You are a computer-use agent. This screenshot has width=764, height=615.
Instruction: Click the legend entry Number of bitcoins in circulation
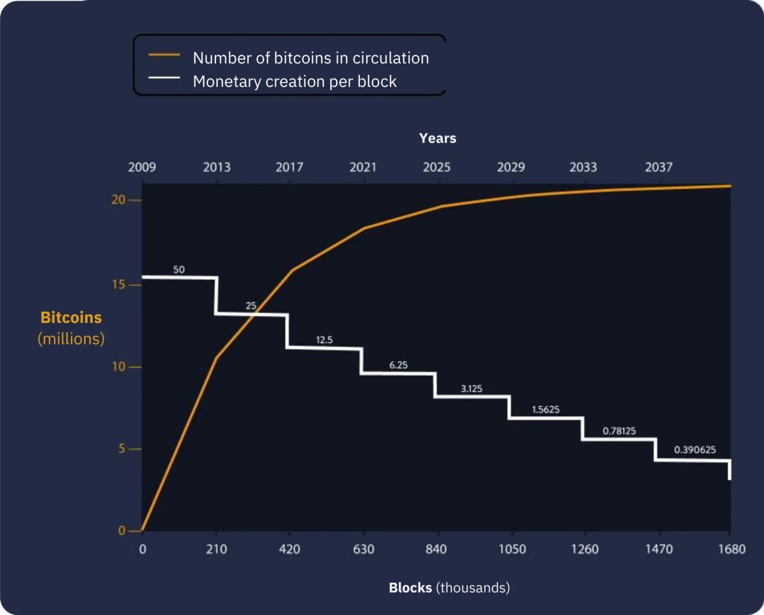tap(310, 58)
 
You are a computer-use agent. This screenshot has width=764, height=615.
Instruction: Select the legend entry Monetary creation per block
tap(294, 81)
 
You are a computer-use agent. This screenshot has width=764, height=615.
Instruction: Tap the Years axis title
tap(438, 138)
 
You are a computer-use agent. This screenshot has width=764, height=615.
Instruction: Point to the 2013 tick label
tap(217, 167)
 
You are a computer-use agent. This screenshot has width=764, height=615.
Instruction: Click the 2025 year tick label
tap(436, 167)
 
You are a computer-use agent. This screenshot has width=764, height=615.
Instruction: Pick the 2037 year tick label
tap(658, 167)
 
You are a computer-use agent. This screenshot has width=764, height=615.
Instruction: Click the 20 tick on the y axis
tap(119, 199)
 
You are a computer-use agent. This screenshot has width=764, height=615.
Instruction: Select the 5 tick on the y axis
tap(122, 448)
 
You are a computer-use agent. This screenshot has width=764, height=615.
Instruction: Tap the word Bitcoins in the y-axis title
tap(71, 317)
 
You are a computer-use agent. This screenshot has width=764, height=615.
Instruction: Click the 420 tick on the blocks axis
tap(289, 549)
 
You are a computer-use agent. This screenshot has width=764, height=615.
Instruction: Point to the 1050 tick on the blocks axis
tap(512, 549)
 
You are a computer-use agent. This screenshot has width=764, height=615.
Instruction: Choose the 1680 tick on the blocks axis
tap(732, 549)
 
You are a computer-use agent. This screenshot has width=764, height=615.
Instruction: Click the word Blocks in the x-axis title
tap(410, 588)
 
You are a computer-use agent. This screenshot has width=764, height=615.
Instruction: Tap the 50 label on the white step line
tap(179, 270)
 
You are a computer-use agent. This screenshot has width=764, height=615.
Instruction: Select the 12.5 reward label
tap(324, 340)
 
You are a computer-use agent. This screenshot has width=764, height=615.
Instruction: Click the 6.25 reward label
tap(398, 365)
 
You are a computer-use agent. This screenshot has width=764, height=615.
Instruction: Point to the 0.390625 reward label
tap(695, 450)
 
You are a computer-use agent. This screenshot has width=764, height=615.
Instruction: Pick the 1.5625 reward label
tap(546, 410)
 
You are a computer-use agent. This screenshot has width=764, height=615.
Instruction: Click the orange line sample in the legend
tap(164, 55)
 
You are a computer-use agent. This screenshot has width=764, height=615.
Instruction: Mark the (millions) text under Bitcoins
tap(71, 339)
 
